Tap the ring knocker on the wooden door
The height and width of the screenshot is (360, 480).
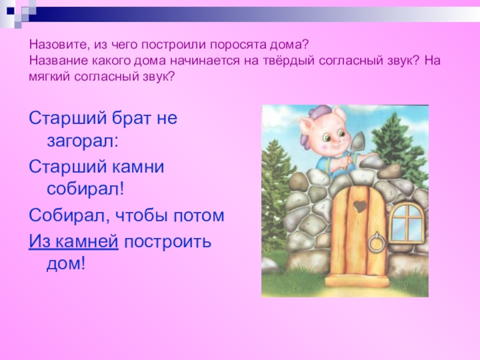coord(377,244)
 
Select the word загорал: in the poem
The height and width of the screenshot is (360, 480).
coord(82,143)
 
